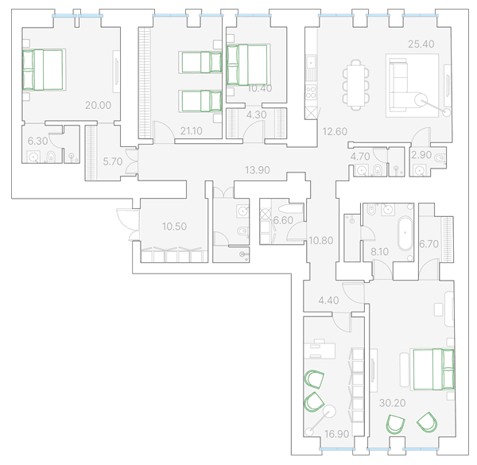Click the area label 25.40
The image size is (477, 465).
point(421,44)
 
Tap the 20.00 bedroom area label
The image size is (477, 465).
point(98,105)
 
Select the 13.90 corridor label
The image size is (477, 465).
point(258,170)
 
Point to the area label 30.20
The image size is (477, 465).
point(393,403)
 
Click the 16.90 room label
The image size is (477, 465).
point(336,434)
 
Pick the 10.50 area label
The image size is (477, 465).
point(174,227)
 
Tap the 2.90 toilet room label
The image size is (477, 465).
point(421,155)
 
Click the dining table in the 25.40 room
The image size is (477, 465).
point(356,84)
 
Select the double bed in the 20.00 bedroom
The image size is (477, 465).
point(43,70)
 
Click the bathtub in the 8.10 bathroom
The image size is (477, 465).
point(405,233)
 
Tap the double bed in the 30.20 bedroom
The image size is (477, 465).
point(434,369)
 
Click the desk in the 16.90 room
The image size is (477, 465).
point(320,351)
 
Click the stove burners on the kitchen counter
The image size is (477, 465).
point(311,92)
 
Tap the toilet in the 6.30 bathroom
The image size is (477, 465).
point(51,157)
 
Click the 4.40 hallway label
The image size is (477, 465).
point(328,300)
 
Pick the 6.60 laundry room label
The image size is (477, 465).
point(283,220)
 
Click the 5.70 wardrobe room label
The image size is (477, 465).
point(113,161)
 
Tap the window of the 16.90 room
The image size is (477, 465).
point(337,449)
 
